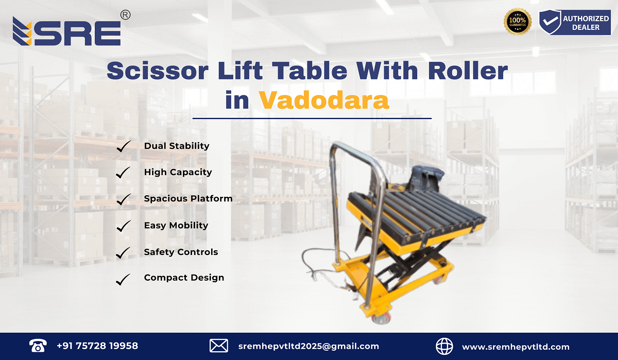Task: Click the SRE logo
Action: click(67, 32)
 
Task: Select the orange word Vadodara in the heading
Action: click(323, 100)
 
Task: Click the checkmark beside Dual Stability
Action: click(123, 146)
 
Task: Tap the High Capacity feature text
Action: click(178, 173)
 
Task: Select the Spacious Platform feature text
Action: click(188, 199)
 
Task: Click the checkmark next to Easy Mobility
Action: click(123, 226)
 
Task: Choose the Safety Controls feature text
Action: click(181, 252)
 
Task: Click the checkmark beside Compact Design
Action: click(123, 279)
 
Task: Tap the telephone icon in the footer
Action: click(38, 346)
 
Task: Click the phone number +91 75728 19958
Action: click(97, 346)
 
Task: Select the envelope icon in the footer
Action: click(219, 346)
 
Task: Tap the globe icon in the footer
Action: click(444, 346)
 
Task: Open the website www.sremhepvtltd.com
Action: click(516, 347)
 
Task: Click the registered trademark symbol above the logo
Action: click(125, 15)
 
